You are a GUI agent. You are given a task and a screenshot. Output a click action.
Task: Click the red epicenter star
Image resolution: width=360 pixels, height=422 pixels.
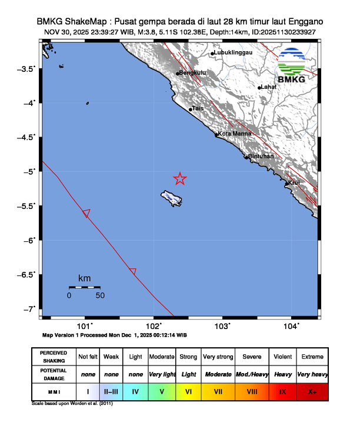[180, 179]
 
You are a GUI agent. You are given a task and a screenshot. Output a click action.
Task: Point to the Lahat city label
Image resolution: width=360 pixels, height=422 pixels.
[268, 87]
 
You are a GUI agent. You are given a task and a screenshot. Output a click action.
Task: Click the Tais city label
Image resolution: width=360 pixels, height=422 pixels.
[198, 108]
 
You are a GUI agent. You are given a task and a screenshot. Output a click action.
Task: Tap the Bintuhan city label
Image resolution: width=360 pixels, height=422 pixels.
[261, 156]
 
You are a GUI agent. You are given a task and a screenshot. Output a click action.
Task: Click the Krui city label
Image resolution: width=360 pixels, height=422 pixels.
[295, 182]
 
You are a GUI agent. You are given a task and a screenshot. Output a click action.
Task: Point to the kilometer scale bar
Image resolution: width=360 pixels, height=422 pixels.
[84, 287]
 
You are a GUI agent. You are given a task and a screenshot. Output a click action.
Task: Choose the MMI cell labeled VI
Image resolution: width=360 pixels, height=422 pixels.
[189, 391]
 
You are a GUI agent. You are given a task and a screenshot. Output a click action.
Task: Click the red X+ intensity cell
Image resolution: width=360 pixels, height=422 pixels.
[312, 391]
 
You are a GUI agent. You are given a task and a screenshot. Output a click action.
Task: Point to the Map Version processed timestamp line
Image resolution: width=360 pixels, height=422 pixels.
[115, 334]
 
